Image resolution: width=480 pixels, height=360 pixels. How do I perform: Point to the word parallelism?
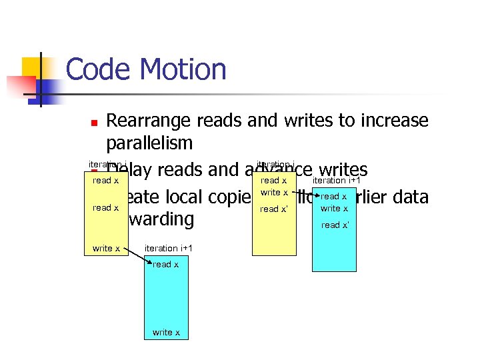click(x=149, y=143)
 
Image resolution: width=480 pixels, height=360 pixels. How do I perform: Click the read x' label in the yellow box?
click(x=274, y=209)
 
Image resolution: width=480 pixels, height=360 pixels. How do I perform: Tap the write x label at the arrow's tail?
click(x=274, y=193)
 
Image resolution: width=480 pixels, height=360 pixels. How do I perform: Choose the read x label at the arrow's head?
click(x=333, y=197)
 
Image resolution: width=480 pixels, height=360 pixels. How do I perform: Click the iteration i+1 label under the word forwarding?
click(x=169, y=249)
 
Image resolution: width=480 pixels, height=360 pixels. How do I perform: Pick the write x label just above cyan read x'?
click(x=334, y=209)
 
